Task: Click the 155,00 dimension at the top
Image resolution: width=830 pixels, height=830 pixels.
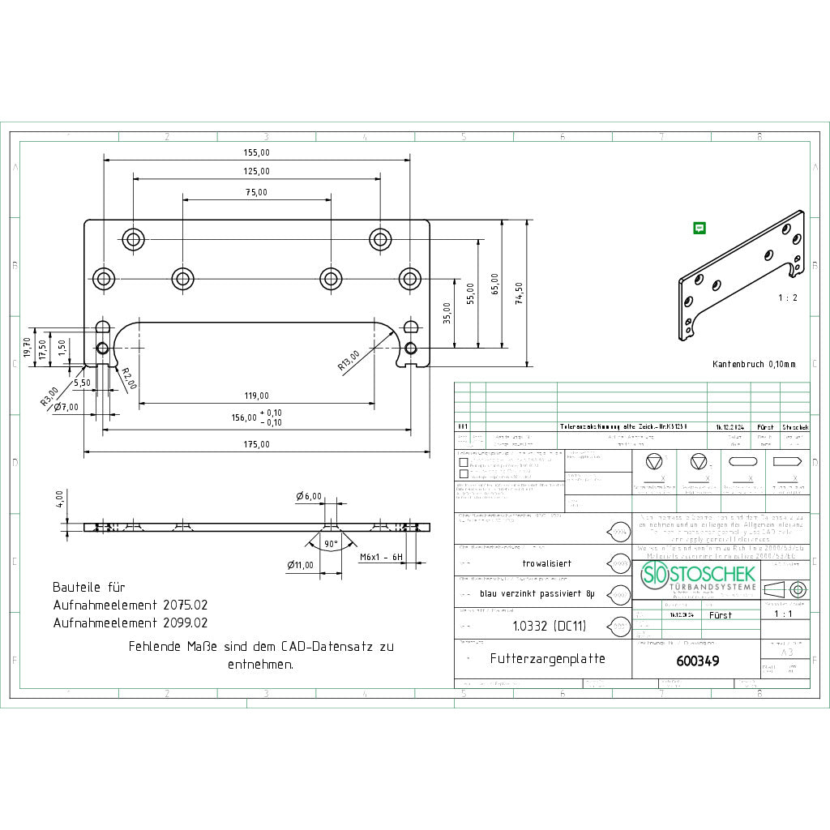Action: [x=256, y=152]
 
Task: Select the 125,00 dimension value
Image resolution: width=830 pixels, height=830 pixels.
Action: [x=256, y=171]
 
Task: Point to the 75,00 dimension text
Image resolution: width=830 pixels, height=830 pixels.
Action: [x=256, y=192]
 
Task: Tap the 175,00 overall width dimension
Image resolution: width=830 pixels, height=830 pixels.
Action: [x=256, y=444]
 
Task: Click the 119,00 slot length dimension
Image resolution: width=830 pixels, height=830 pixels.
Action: [x=256, y=396]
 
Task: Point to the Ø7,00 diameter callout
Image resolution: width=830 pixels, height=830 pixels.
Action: [x=66, y=406]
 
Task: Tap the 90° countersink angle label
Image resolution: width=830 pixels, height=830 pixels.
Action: [x=331, y=544]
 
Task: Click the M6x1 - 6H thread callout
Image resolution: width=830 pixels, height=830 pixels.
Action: [x=381, y=558]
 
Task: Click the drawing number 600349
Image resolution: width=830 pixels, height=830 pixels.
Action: [x=697, y=661]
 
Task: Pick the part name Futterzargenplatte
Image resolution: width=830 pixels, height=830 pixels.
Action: [x=547, y=659]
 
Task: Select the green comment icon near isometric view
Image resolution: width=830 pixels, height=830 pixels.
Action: [x=699, y=229]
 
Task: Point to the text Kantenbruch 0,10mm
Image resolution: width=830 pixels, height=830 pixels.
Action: [x=754, y=365]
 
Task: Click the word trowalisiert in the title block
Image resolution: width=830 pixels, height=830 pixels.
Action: [x=547, y=563]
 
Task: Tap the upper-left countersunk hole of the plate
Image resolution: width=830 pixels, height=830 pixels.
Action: [x=133, y=239]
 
